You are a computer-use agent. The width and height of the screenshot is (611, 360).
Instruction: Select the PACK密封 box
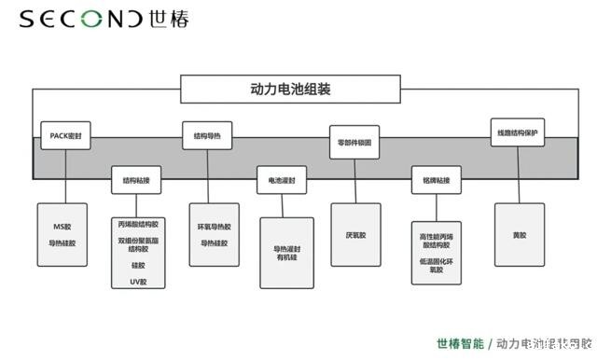pos(66,135)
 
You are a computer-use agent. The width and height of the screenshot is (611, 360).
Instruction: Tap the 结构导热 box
pos(206,135)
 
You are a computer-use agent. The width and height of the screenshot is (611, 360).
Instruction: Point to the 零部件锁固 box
pos(354,142)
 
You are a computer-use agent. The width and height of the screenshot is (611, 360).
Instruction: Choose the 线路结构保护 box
pos(518,132)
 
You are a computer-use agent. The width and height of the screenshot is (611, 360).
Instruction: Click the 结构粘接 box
pos(136,179)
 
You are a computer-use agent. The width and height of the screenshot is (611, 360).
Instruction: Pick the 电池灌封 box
pos(281,179)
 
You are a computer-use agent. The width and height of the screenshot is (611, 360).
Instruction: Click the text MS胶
pos(62,227)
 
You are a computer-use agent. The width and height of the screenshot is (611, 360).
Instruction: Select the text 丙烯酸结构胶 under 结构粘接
pos(138,225)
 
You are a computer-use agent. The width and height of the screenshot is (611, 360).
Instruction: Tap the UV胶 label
pos(138,281)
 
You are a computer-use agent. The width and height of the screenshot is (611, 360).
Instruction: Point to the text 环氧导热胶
pos(214,227)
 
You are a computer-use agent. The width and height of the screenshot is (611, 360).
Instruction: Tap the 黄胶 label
pos(520,235)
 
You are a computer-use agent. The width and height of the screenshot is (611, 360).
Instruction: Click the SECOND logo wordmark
pos(81,19)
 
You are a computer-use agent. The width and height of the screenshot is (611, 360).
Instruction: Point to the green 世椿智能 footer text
pos(461,343)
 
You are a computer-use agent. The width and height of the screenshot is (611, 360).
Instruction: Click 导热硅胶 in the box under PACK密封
pos(62,243)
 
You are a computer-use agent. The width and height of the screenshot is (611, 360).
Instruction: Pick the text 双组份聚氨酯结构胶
pos(138,244)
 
